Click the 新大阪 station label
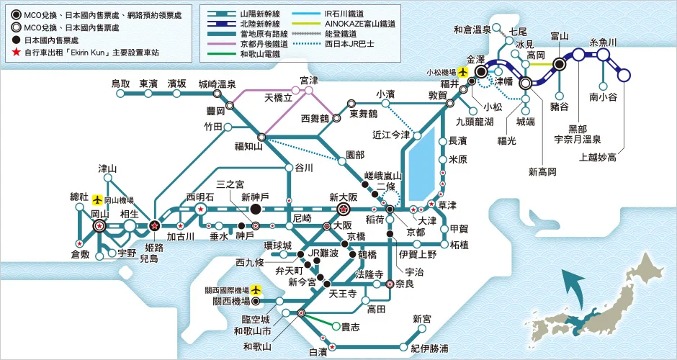(344, 197)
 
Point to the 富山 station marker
(559, 63)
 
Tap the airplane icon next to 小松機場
(462, 73)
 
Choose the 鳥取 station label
(121, 84)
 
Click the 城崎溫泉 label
(217, 84)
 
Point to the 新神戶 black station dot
(255, 209)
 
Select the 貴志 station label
(351, 327)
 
